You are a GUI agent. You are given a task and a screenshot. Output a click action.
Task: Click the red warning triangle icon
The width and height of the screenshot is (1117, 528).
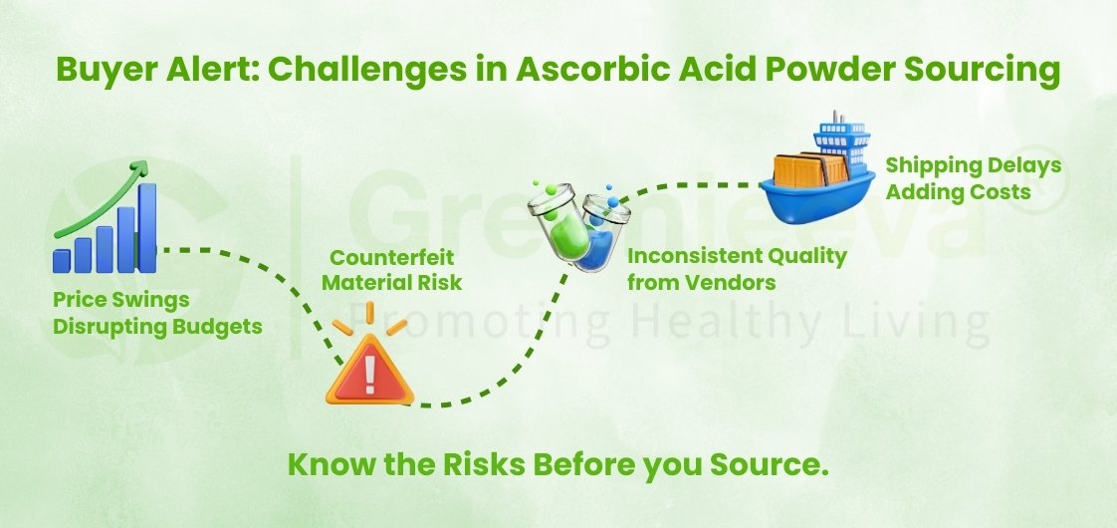(x=368, y=376)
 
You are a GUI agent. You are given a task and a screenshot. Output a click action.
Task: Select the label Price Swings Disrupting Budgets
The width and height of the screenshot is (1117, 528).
(x=157, y=312)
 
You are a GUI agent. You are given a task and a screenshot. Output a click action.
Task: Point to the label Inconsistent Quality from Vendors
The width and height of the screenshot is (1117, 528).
(x=737, y=269)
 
